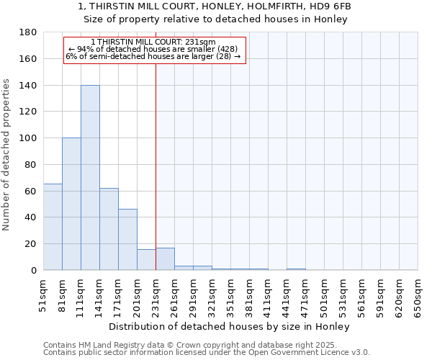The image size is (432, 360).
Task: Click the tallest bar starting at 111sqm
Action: point(90,178)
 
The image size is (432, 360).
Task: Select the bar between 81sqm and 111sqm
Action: point(71,204)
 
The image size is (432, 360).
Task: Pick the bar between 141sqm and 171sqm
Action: point(109,229)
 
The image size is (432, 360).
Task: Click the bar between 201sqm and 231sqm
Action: point(146,260)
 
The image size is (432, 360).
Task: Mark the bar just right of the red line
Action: point(165,259)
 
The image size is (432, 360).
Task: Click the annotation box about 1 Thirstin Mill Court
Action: point(155,50)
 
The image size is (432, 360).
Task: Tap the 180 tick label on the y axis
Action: point(29,32)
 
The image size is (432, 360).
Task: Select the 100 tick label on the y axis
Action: point(29,138)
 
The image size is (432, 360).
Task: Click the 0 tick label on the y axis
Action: point(34,271)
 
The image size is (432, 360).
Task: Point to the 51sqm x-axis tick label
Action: point(43,295)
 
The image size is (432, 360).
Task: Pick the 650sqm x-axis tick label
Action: point(418,295)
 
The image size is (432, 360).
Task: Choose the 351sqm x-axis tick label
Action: point(230,295)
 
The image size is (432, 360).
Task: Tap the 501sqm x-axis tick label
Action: point(324,295)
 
